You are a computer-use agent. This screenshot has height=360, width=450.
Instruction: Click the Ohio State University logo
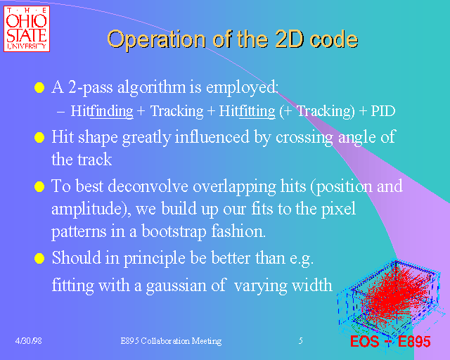pos(26,29)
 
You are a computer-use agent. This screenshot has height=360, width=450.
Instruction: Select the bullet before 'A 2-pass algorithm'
pos(39,89)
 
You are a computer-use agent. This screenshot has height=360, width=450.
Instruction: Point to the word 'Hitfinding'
pos(98,111)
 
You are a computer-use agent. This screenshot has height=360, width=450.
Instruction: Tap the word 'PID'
pos(382,111)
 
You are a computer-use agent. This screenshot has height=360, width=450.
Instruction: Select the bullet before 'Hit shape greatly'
pos(39,138)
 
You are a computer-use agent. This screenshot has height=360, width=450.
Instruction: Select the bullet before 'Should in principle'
pos(39,259)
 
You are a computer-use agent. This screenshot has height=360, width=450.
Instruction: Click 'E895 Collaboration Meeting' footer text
pos(171,341)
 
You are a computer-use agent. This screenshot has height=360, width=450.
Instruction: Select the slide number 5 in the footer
pos(300,341)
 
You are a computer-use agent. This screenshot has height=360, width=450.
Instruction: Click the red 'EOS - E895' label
pos(390,343)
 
